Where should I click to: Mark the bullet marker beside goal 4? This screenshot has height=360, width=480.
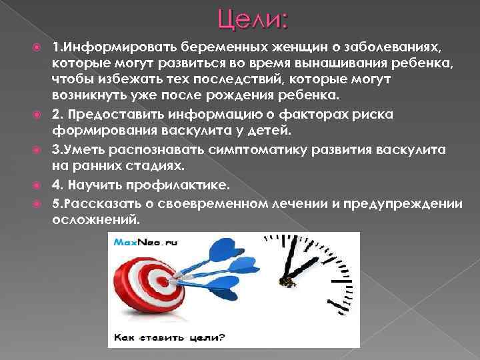point(41,181)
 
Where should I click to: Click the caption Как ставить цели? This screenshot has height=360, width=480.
point(169,338)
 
